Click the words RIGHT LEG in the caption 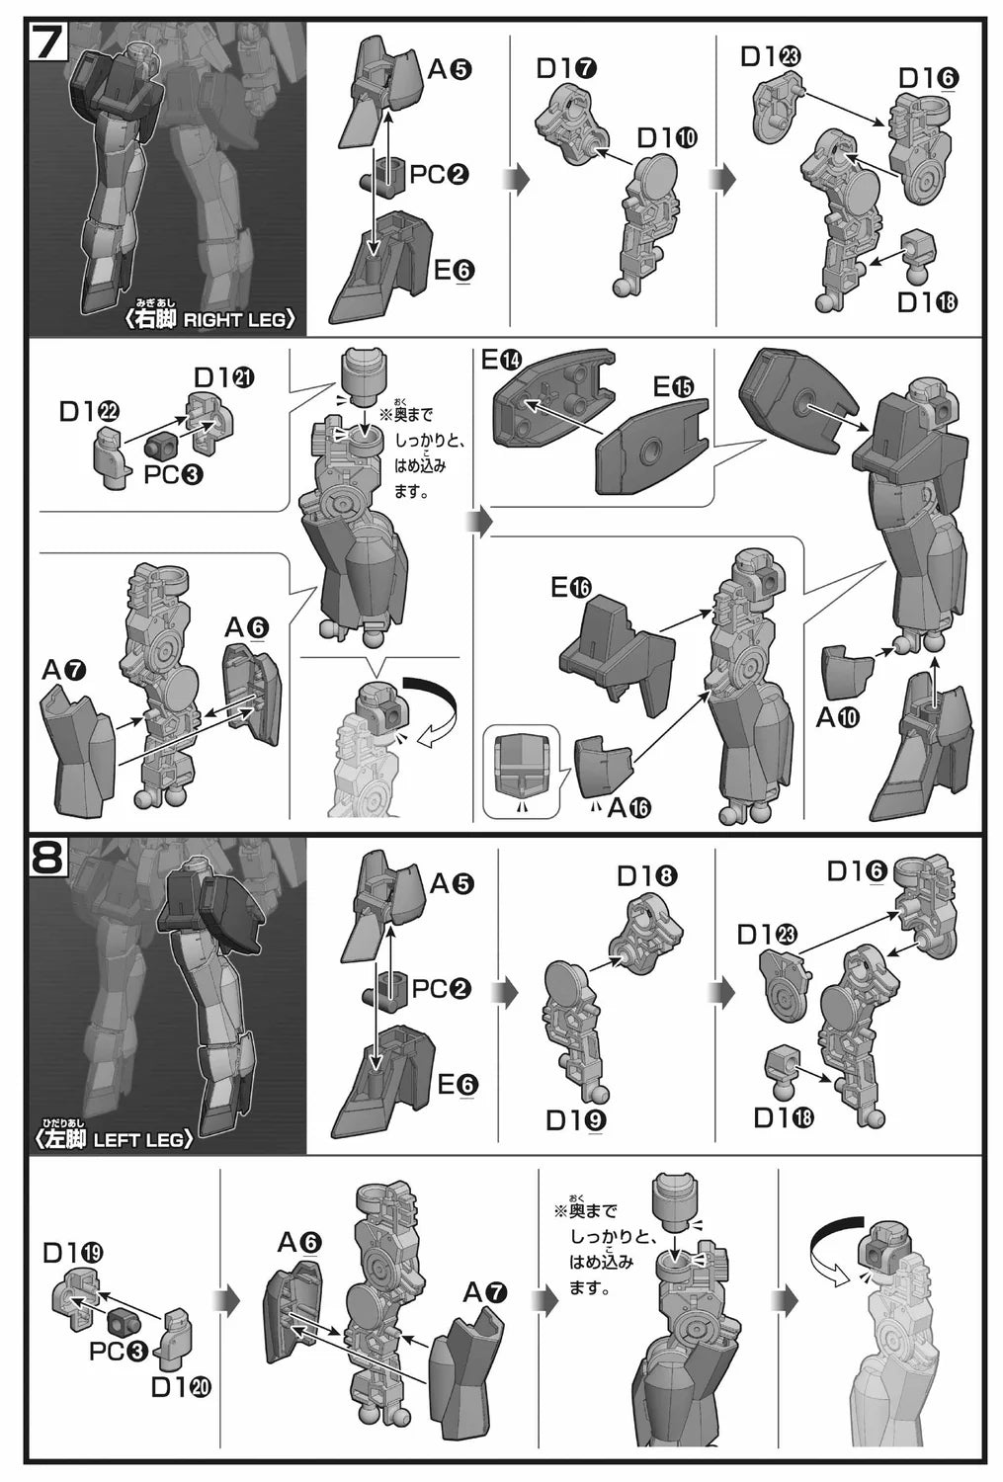coord(234,319)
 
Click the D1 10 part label coord(667,138)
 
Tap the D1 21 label coord(223,377)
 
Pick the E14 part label coord(502,362)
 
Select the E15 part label coord(674,387)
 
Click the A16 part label coord(629,807)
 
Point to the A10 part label coord(837,716)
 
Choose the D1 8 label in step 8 coord(647,876)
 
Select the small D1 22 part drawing coord(114,457)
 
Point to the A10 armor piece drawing coord(846,673)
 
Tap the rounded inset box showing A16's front coord(522,770)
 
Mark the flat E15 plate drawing coord(651,447)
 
